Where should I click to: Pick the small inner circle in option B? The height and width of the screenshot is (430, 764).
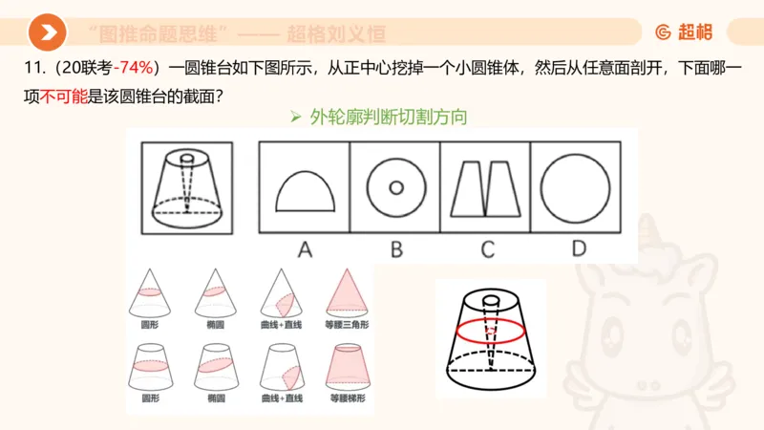click(394, 186)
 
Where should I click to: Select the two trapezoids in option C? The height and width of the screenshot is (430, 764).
click(485, 186)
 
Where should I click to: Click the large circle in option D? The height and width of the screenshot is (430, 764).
click(576, 186)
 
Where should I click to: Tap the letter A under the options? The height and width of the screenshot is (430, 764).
click(306, 249)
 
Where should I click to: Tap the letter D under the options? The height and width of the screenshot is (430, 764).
click(579, 249)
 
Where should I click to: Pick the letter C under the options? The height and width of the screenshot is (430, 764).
click(487, 249)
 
